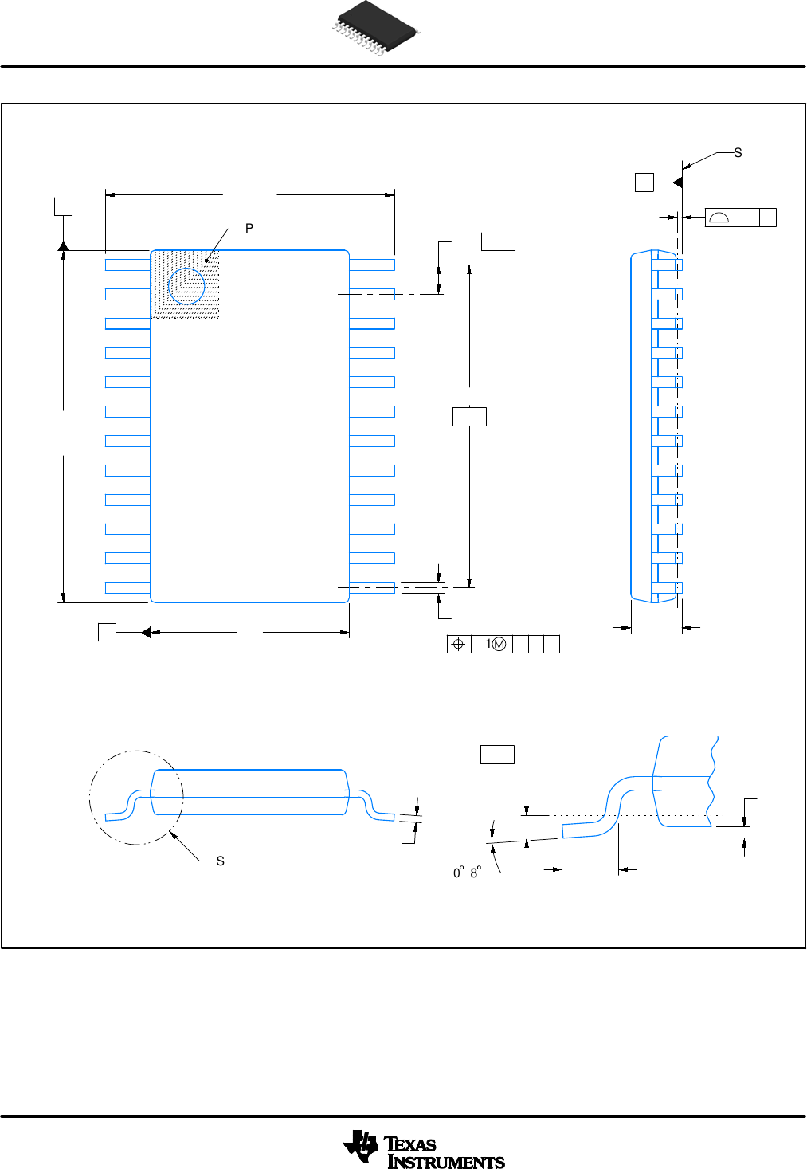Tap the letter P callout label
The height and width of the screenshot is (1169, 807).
coord(249,229)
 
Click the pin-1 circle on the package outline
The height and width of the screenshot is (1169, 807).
coord(187,285)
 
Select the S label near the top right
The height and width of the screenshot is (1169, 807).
coord(738,153)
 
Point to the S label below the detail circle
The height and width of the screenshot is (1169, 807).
coord(221,861)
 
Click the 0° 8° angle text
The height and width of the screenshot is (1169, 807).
coord(467,873)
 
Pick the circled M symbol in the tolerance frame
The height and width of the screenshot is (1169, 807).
coord(499,645)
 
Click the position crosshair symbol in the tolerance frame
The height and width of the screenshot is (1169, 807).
coord(458,645)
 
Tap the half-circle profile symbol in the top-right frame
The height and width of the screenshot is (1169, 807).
coord(719,218)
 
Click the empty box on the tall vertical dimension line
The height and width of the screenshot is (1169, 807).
coord(469,416)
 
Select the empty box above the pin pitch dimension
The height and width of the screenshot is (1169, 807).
coord(498,241)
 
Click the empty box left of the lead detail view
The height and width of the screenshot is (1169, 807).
coord(497,754)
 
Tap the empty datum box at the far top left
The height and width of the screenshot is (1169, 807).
coord(63,206)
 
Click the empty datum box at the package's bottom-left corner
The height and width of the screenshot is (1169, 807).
coord(107,632)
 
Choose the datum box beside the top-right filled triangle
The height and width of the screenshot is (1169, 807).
coord(644,182)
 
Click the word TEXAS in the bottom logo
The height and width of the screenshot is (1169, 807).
coord(411,1145)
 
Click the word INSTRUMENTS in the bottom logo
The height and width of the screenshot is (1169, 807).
coord(446,1162)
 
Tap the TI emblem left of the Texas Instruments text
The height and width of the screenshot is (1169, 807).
coord(361,1147)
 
